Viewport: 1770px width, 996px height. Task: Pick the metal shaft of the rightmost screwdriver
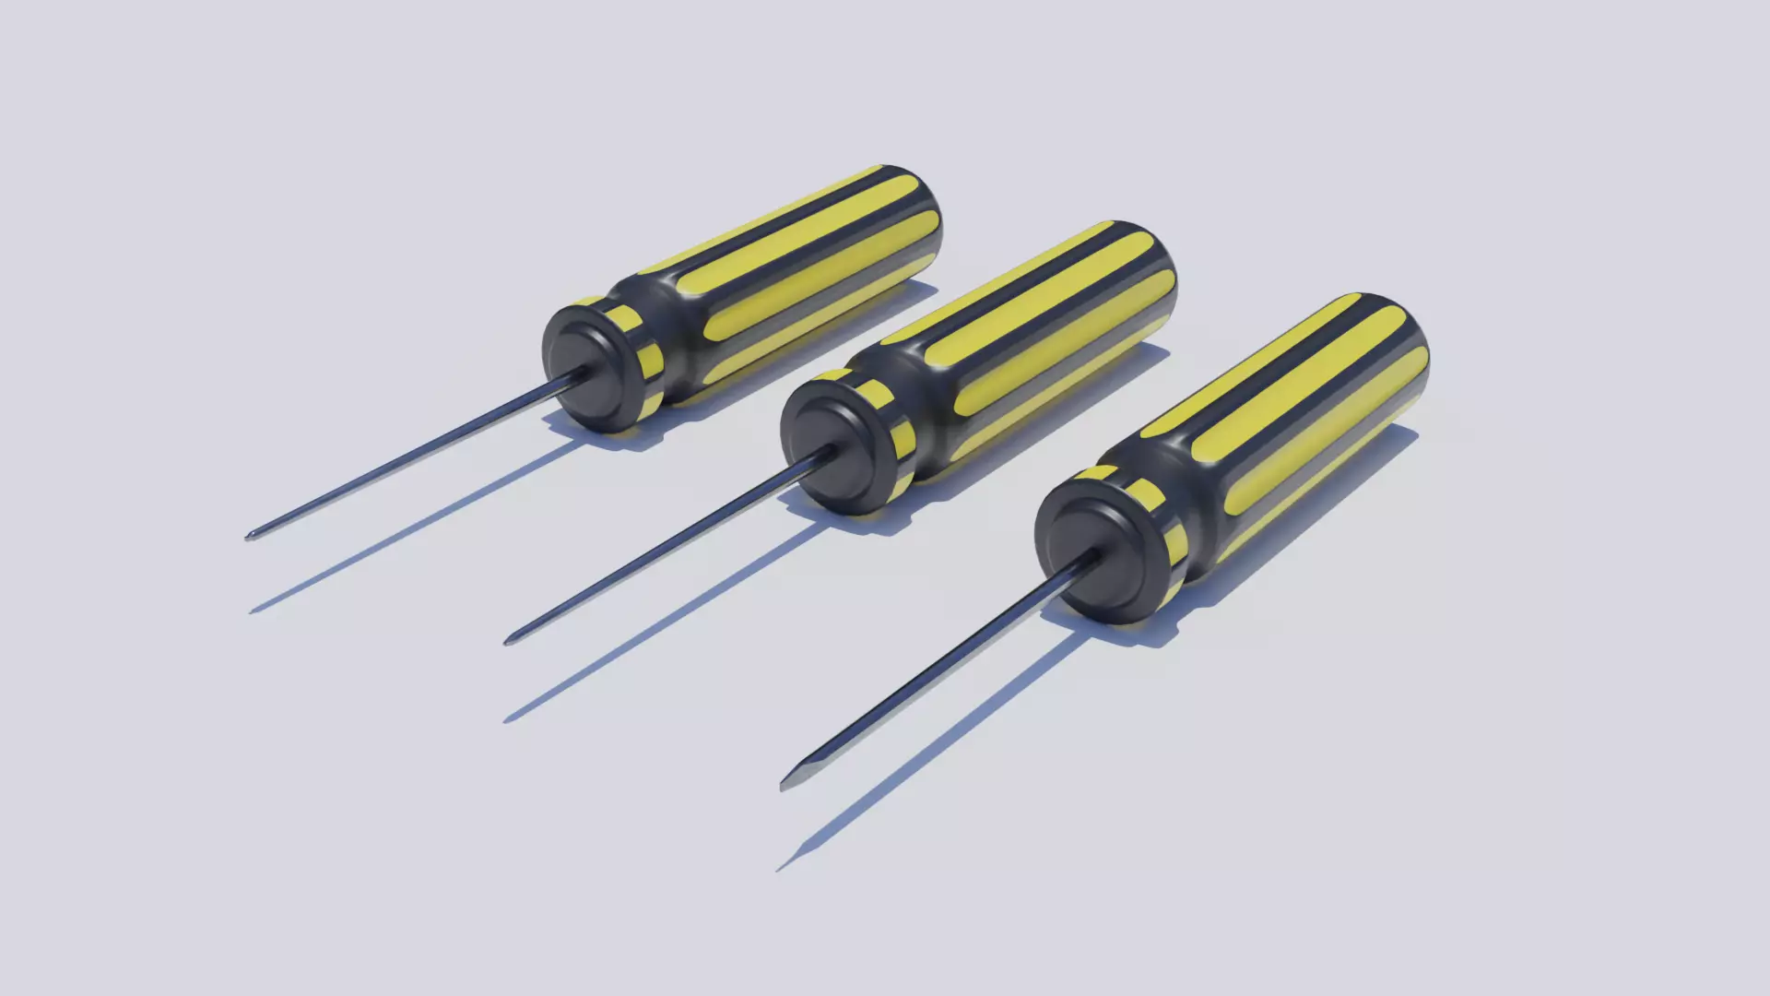931,673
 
